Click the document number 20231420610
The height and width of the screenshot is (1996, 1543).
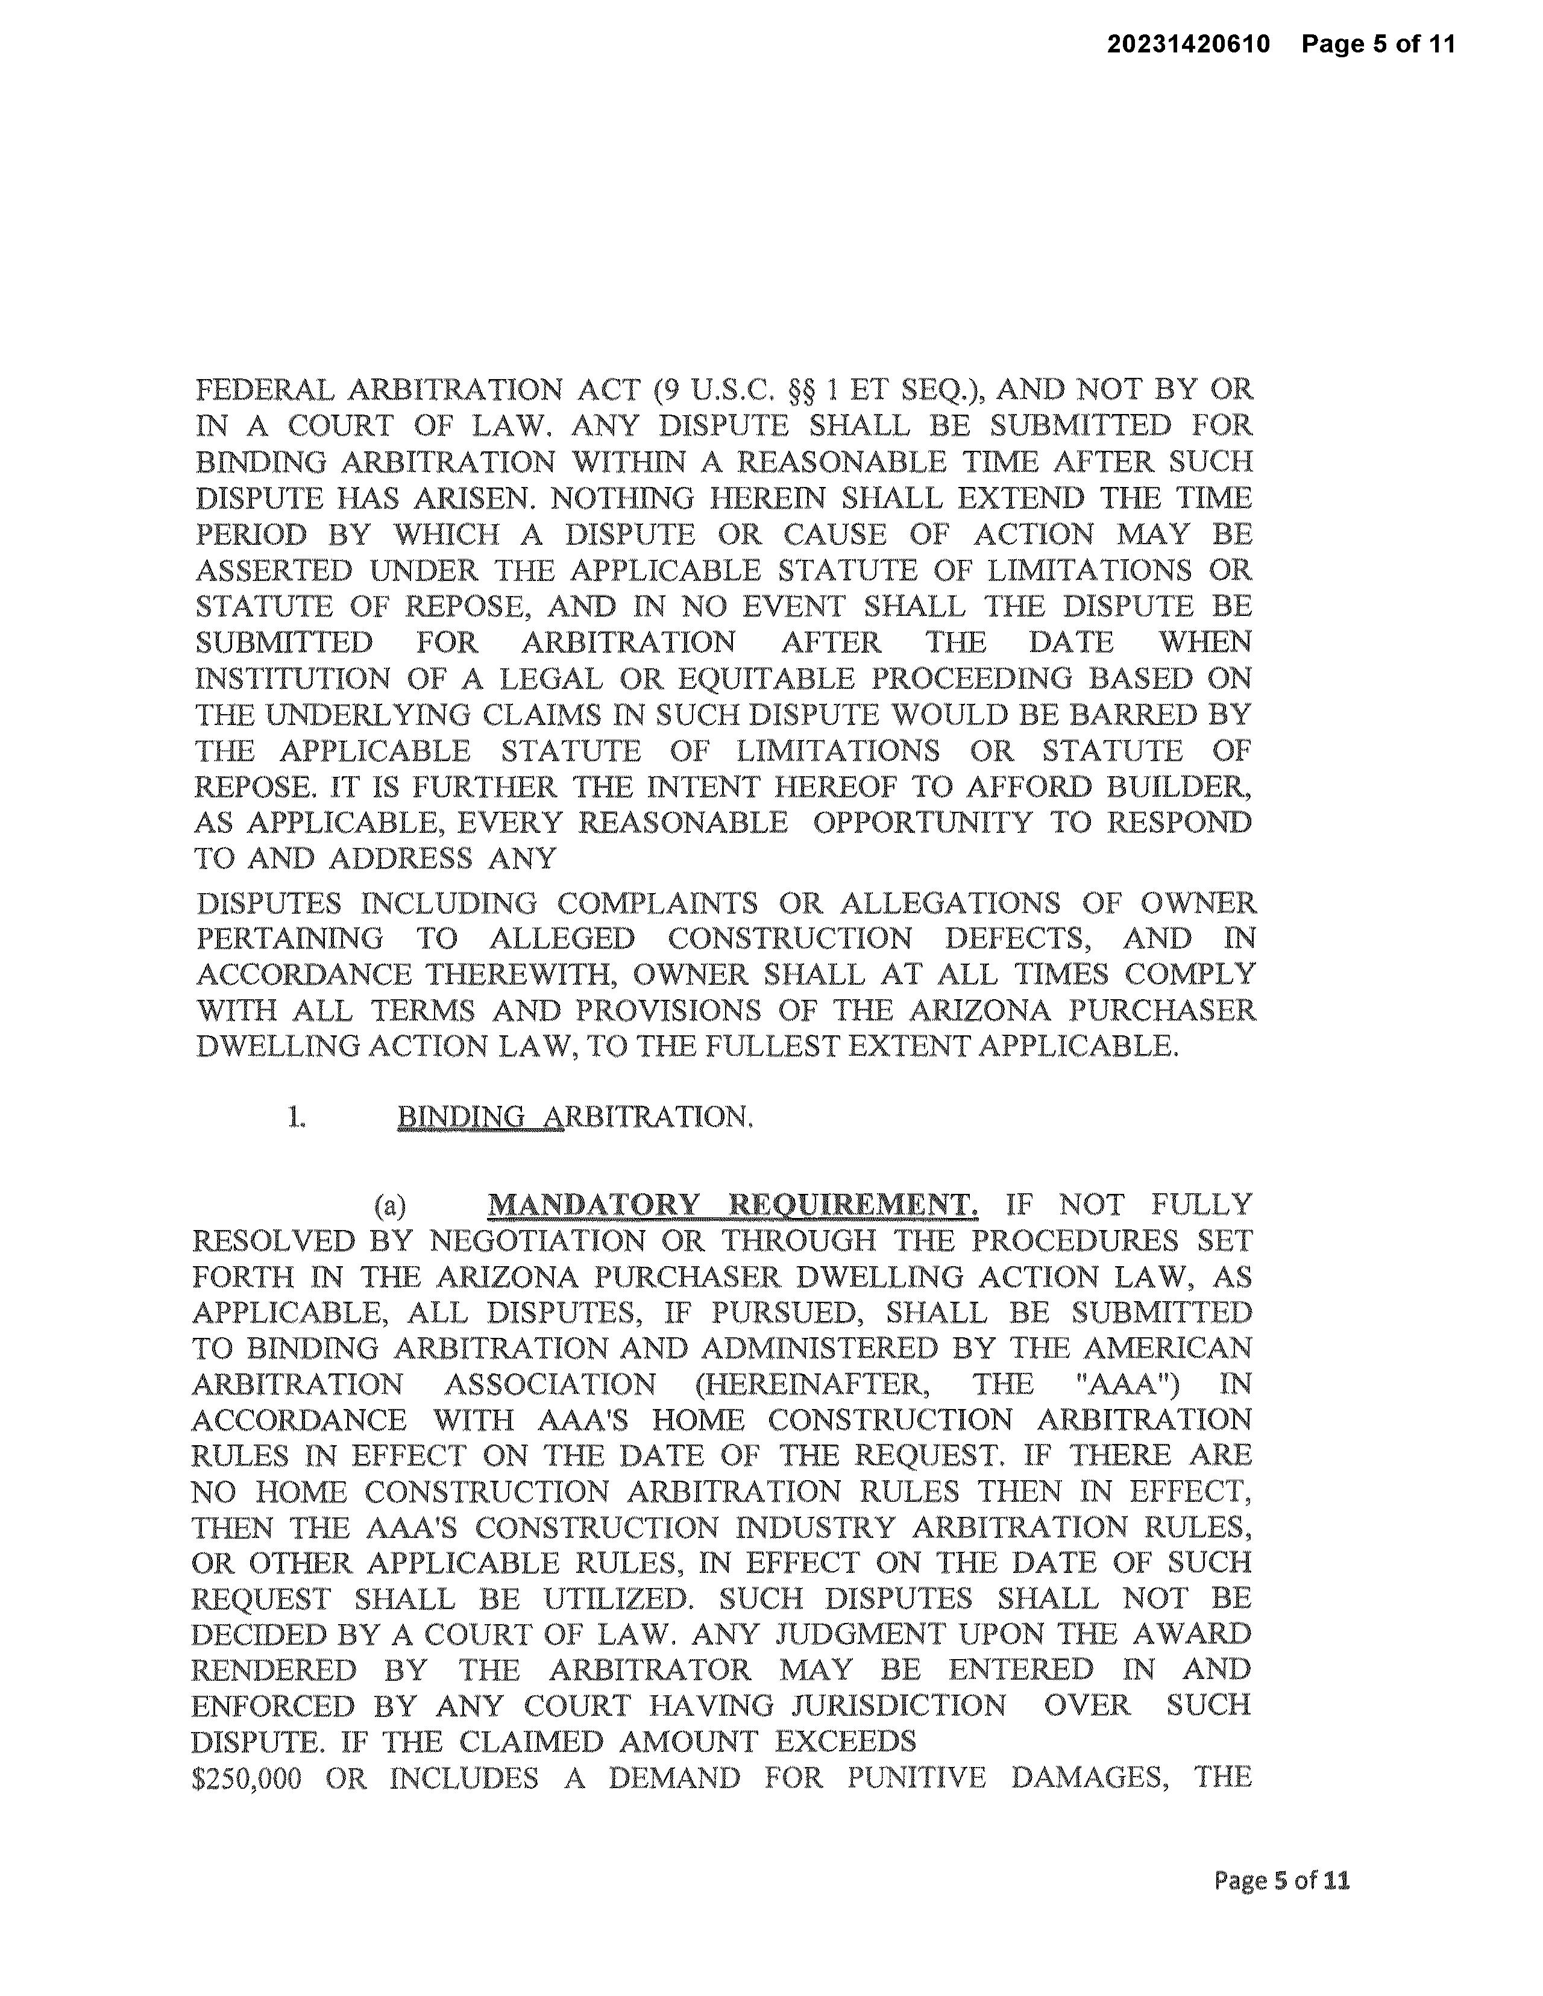[x=1189, y=44]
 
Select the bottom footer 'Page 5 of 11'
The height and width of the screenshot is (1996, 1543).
[x=1281, y=1880]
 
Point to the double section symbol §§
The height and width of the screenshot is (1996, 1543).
[x=801, y=391]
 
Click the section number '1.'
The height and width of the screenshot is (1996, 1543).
[x=296, y=1117]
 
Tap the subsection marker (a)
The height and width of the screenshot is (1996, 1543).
[x=391, y=1207]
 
